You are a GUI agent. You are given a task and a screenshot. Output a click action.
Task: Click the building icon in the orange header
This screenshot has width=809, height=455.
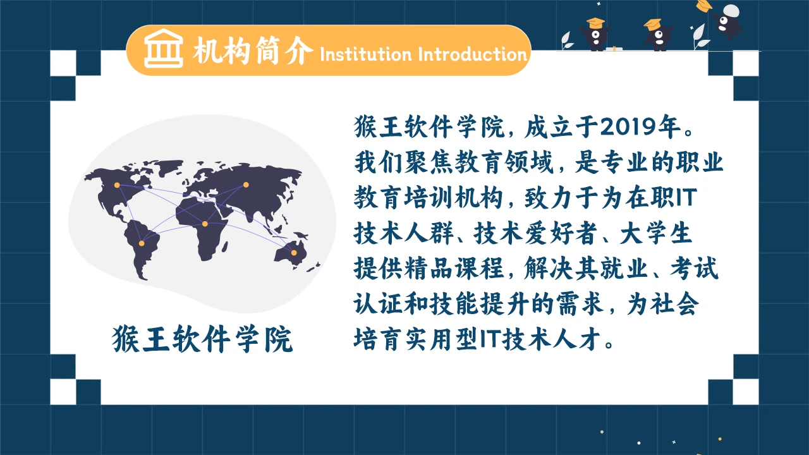(163, 50)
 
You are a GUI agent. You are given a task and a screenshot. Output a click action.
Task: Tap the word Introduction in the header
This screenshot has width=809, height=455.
(472, 54)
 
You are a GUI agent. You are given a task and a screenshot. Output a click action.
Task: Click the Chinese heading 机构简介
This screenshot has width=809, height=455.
(253, 51)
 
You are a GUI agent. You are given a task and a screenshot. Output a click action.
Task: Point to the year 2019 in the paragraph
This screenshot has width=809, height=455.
(630, 128)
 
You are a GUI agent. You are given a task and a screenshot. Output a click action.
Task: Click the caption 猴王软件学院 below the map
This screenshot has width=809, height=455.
(203, 339)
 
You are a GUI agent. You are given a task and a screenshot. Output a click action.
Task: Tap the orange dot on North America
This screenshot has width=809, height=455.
(116, 185)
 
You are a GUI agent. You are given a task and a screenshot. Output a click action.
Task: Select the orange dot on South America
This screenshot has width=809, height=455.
(141, 243)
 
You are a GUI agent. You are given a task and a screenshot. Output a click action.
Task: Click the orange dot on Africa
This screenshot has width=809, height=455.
(205, 224)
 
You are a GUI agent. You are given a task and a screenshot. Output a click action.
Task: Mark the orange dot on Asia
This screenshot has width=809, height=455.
(246, 185)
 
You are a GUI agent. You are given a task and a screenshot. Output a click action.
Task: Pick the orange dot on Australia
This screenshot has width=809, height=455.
(294, 253)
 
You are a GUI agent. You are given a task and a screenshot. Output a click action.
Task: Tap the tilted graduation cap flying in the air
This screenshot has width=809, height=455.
(703, 6)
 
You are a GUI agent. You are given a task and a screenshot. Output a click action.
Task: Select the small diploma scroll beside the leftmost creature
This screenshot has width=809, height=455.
(612, 48)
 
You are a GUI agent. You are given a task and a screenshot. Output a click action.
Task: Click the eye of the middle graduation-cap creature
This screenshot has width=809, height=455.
(657, 43)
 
